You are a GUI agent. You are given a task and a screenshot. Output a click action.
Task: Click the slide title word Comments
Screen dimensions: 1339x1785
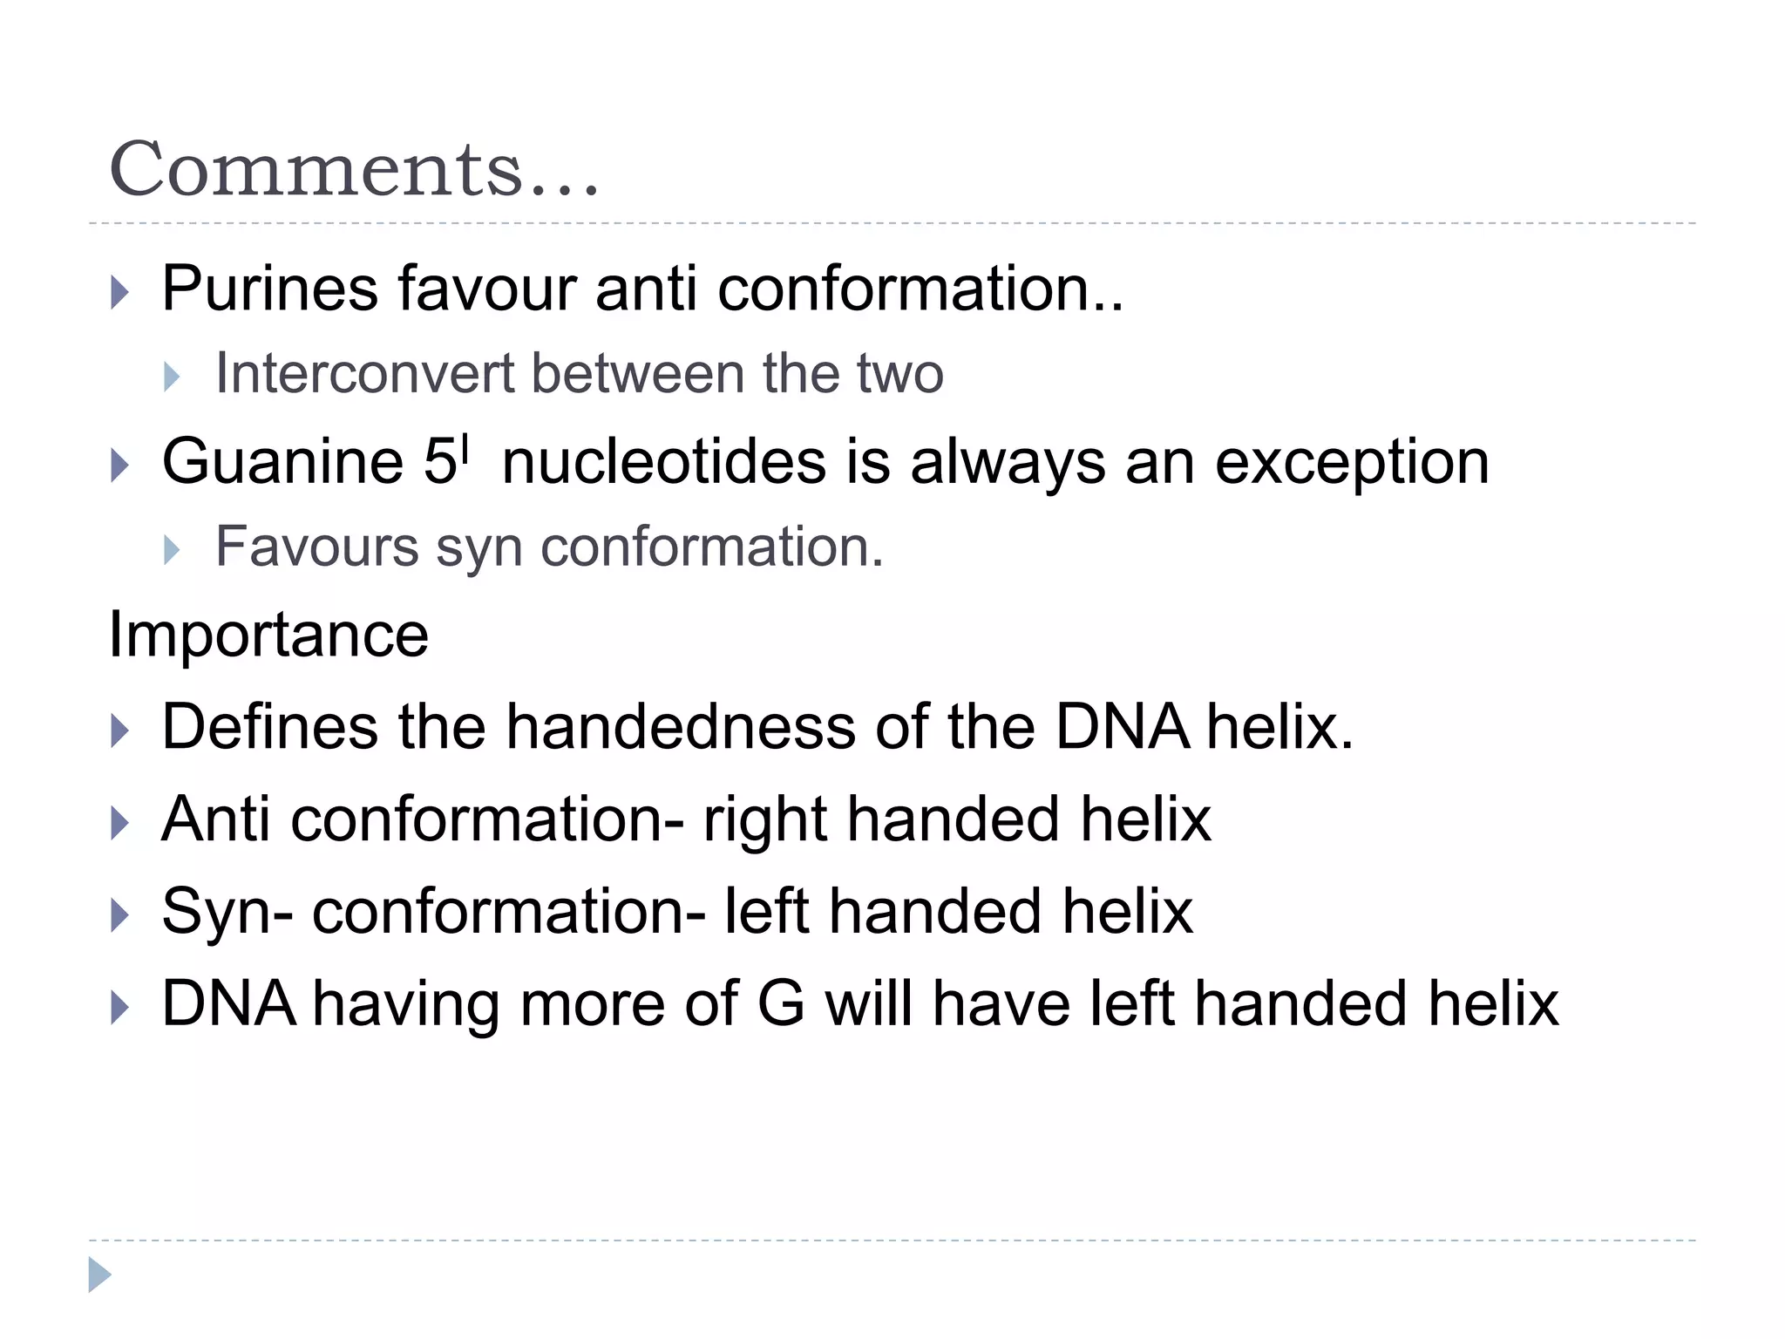point(353,169)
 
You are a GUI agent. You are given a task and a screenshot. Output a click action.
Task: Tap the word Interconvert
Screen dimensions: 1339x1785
point(364,373)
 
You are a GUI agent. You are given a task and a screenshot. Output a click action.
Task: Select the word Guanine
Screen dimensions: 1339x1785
point(282,461)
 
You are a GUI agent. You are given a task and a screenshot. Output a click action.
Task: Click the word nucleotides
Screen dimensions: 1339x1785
point(663,461)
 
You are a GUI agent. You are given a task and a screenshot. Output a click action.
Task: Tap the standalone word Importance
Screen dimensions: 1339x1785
point(268,634)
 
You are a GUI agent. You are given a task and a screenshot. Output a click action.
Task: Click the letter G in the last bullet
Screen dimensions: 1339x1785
point(781,1003)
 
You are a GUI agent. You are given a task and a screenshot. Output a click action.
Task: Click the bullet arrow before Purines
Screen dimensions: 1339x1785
point(120,292)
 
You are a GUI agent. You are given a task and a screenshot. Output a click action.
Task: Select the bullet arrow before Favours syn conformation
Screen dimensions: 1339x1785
point(172,550)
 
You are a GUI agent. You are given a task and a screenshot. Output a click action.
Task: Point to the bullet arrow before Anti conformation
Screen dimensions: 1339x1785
point(120,823)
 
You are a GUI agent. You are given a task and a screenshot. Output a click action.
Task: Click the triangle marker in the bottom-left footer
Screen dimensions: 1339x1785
point(100,1275)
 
